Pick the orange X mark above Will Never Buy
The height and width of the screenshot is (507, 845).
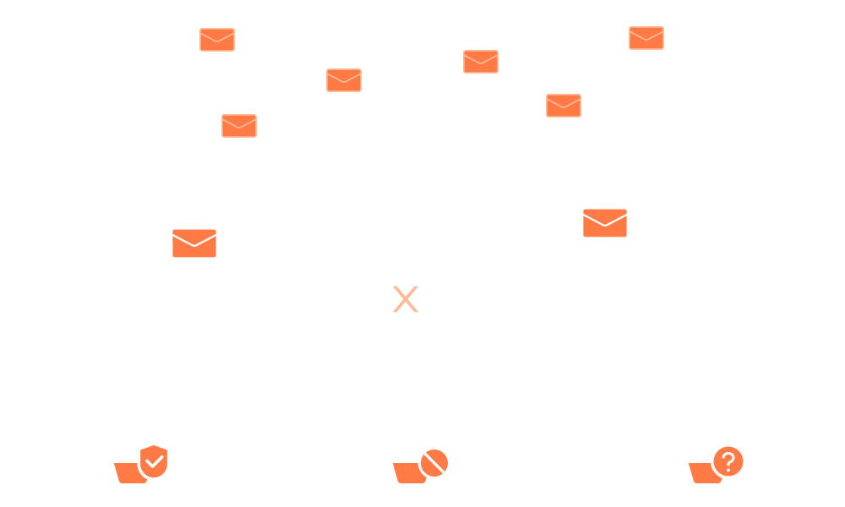(406, 299)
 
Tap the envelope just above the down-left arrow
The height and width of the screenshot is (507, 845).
(194, 243)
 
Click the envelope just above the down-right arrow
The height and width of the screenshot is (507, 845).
(605, 223)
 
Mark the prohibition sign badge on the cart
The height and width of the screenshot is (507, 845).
(433, 463)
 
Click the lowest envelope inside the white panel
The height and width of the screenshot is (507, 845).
(239, 126)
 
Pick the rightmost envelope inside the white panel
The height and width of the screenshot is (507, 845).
(646, 38)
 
